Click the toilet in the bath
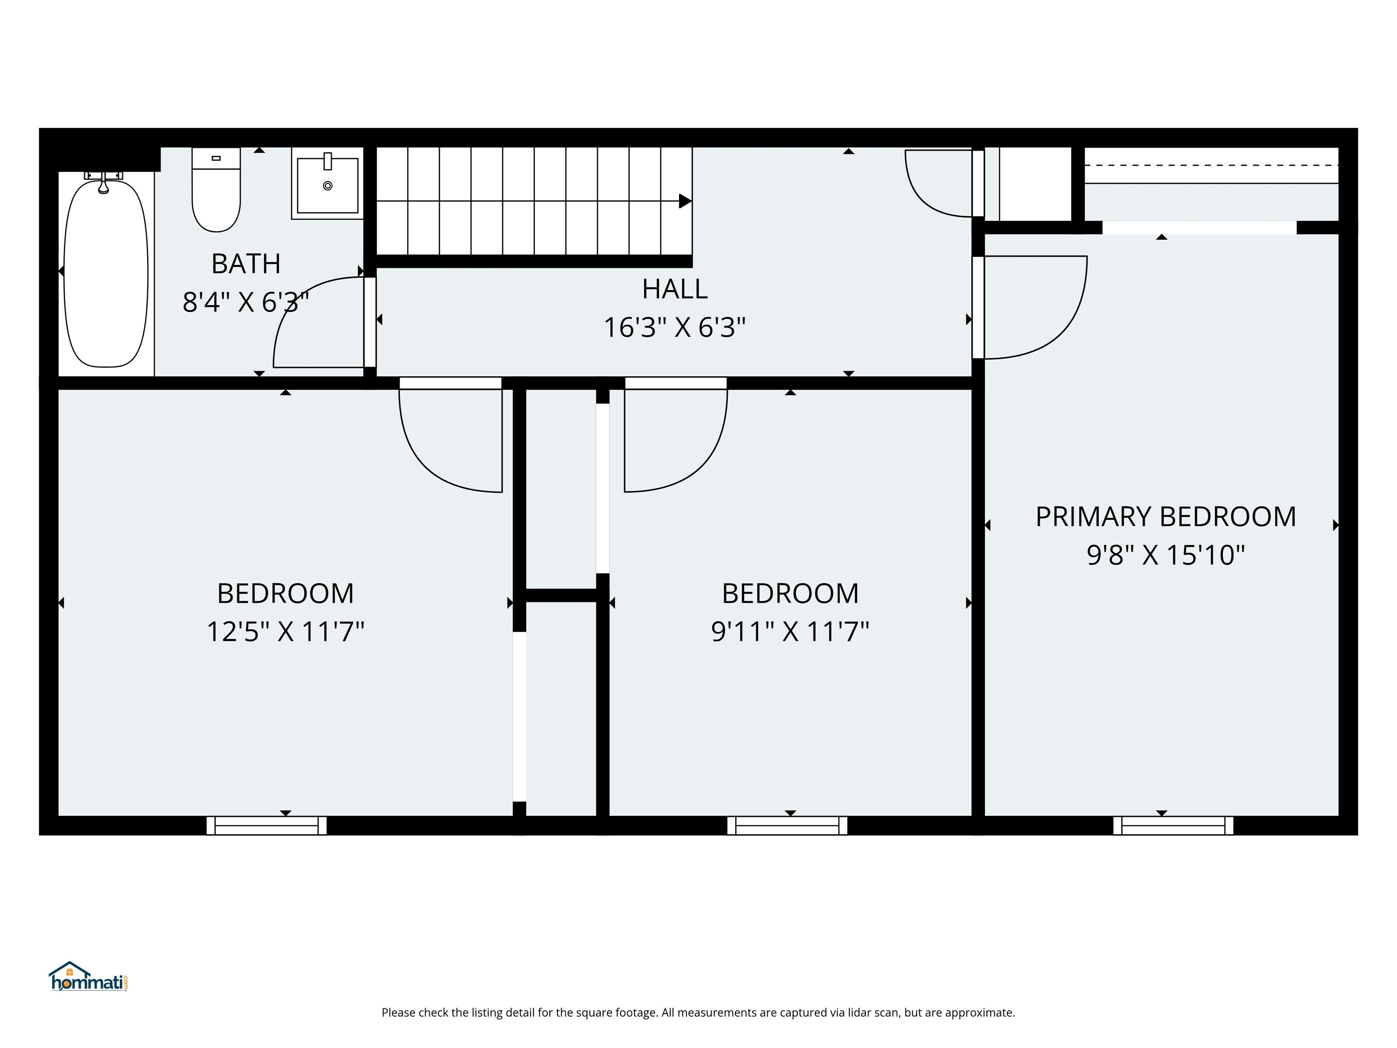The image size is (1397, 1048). click(216, 193)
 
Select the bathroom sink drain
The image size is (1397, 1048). click(327, 186)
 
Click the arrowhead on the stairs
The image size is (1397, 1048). click(684, 201)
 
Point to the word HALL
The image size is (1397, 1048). click(674, 289)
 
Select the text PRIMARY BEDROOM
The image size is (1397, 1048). click(1165, 517)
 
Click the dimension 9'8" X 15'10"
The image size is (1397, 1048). click(1165, 555)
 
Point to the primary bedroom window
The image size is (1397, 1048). click(1173, 826)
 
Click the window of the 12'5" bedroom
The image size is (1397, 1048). click(266, 826)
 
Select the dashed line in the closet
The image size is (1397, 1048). click(1211, 165)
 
